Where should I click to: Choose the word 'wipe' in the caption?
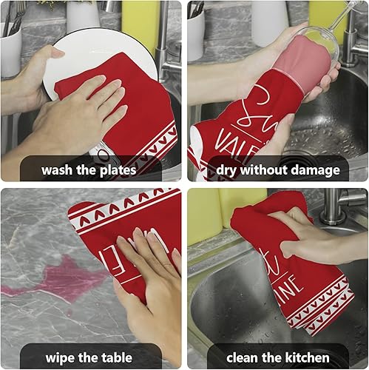click(61, 357)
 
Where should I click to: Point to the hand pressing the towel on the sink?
click(303, 237)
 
